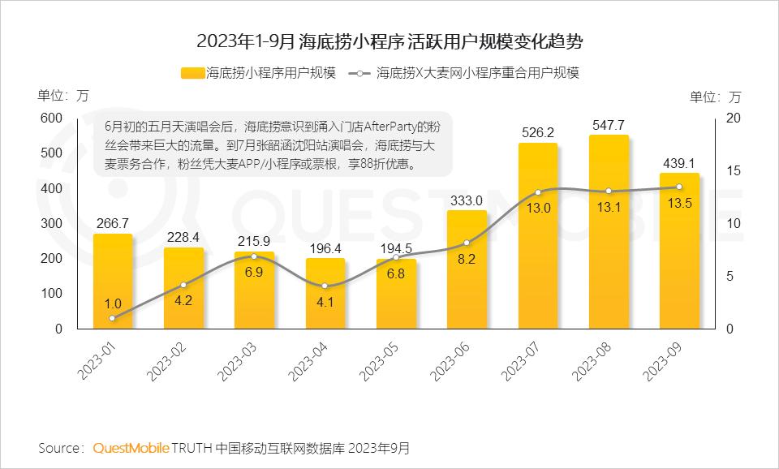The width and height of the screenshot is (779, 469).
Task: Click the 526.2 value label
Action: point(538,131)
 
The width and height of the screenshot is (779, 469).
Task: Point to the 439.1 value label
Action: point(679,162)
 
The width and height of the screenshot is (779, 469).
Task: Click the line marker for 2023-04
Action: point(325,286)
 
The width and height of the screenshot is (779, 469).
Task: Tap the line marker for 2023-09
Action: point(679,187)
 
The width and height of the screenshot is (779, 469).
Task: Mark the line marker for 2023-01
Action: point(113,318)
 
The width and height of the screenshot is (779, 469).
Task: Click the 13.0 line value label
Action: point(538,208)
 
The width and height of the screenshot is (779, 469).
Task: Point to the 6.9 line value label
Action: point(254,272)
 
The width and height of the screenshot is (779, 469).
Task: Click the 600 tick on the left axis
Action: point(51,118)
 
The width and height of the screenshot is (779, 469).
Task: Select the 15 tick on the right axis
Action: point(734,171)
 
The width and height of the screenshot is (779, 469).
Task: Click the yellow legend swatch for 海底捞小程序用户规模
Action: point(192,73)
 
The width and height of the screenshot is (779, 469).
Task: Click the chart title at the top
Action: point(389,40)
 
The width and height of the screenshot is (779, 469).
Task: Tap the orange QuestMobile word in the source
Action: point(131,448)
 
